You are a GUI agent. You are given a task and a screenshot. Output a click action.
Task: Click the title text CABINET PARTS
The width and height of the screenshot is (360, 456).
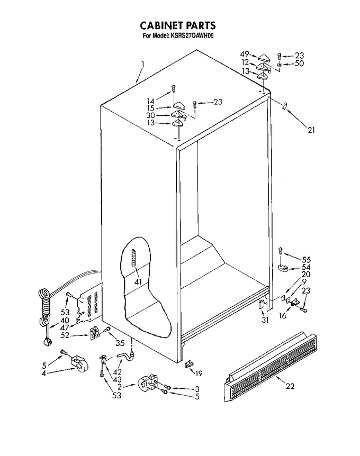coord(178,25)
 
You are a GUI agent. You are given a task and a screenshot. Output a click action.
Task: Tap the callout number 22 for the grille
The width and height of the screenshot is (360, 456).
coord(290,386)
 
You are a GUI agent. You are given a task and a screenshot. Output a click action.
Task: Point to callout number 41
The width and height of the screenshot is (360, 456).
coord(138,281)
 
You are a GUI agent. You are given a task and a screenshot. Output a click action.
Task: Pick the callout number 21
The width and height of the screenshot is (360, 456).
coord(311,130)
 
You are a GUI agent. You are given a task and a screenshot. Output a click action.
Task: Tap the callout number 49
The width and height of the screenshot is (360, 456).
coord(245,54)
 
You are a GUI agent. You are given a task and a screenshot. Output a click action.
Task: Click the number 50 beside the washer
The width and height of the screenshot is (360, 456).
coord(299,63)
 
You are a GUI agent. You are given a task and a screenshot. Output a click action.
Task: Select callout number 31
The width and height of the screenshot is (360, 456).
coord(265,320)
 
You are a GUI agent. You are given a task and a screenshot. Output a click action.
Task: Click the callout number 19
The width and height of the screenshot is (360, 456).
coord(199,373)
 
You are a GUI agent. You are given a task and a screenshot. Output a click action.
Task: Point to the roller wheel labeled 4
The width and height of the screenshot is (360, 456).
coord(78,363)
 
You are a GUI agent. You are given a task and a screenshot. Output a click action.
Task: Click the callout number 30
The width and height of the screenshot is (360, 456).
coord(150,115)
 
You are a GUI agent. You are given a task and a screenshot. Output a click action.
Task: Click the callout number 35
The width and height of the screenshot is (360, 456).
coord(120,343)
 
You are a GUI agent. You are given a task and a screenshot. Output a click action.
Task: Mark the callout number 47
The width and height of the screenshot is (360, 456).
coord(65,328)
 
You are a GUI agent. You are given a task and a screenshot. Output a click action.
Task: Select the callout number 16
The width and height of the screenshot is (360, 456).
coord(283,316)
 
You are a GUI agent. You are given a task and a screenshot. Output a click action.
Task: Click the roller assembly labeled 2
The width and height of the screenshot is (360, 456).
coord(147,385)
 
